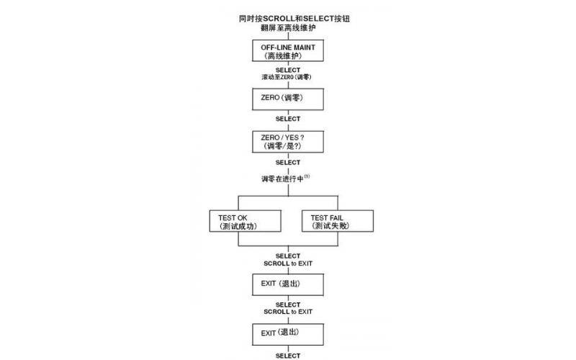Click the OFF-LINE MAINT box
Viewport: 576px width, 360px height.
coord(287,50)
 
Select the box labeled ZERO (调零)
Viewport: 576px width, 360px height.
coord(287,97)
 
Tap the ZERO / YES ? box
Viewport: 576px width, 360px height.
coord(287,141)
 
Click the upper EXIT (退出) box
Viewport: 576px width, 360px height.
coord(287,284)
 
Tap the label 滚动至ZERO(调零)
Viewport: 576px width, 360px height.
coord(287,76)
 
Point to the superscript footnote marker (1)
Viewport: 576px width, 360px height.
coord(307,176)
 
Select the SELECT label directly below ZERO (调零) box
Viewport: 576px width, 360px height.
coord(287,119)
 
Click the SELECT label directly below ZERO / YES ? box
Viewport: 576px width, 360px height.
coord(287,163)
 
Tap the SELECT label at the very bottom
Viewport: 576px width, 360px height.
coord(287,355)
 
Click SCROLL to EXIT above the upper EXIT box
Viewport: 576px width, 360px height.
coord(287,264)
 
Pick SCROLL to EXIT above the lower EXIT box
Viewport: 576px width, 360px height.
coord(287,312)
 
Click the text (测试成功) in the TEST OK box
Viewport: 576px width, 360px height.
coord(238,226)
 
